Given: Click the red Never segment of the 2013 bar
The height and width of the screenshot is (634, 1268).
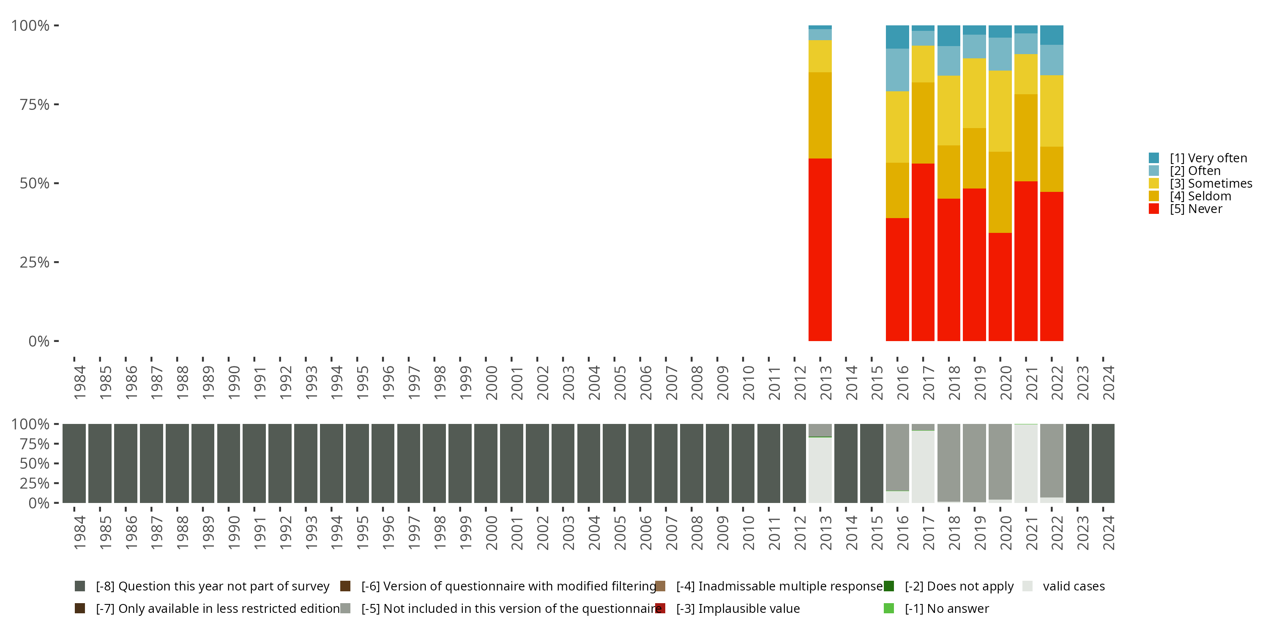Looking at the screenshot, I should click(820, 249).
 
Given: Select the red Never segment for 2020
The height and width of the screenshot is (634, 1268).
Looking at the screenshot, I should click(1000, 287).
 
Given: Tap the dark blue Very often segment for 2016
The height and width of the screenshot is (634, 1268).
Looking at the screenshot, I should click(897, 37).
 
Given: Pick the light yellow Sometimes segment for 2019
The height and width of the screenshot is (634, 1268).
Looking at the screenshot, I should click(974, 93).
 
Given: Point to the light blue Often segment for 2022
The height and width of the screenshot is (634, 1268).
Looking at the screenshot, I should click(1052, 60).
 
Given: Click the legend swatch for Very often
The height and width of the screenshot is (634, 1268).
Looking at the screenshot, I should click(1154, 158).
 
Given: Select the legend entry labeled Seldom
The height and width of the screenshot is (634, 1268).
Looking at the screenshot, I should click(1200, 196).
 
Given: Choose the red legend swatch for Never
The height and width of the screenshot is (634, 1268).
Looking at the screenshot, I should click(1154, 209).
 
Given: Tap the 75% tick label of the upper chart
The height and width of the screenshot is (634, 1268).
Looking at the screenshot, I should click(35, 104).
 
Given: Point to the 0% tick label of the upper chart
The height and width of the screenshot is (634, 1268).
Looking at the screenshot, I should click(39, 341).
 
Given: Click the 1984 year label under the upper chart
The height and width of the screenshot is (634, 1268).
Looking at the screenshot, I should click(80, 383).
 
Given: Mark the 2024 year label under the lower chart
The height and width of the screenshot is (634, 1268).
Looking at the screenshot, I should click(1108, 533).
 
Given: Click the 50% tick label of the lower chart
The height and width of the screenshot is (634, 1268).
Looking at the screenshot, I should click(35, 464).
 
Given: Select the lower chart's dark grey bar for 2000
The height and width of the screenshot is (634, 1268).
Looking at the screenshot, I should click(486, 463).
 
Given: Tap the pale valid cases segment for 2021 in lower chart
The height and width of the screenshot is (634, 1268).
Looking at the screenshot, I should click(1026, 463).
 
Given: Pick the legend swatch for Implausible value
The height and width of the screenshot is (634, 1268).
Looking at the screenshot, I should click(660, 608).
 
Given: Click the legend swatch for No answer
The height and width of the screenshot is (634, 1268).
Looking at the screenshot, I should click(888, 608).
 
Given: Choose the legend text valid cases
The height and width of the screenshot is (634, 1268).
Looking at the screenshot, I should click(1074, 586).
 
